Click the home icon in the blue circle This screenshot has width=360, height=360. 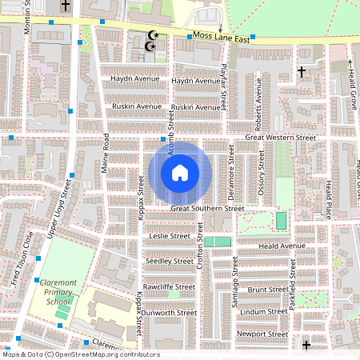180,173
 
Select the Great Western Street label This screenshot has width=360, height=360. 280,138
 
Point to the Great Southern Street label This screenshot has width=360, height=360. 207,209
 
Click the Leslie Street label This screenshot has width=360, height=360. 170,236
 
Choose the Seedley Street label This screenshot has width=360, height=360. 169,261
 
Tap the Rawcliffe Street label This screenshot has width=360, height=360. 169,286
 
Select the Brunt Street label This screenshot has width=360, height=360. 267,290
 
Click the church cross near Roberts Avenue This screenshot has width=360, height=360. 302,72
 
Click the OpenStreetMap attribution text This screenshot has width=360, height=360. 81,354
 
